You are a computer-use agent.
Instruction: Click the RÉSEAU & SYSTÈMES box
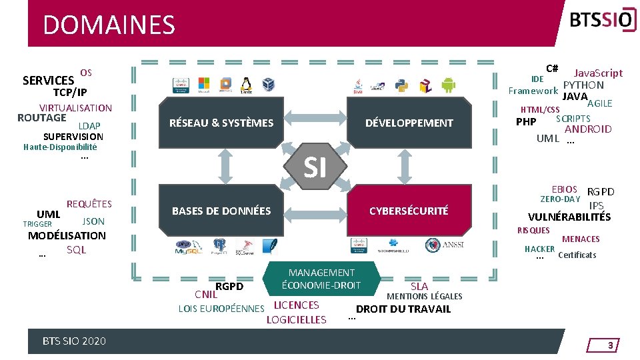coord(221,123)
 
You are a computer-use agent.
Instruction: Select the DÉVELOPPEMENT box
coord(409,123)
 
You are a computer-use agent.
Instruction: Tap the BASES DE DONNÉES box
coord(221,211)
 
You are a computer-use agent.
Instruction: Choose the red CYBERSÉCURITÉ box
coord(409,211)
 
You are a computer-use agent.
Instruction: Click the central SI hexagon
coord(315,167)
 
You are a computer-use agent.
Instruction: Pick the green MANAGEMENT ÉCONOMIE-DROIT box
coord(321,279)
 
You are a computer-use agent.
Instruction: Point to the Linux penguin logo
coord(247,85)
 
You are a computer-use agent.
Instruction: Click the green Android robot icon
coord(447,85)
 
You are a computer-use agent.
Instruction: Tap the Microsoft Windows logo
coord(204,83)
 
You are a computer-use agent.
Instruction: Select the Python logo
coord(401,85)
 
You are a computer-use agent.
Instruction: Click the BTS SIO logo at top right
coord(599,21)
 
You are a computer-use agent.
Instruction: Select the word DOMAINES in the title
coord(109,25)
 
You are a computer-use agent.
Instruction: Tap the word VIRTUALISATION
coord(75,108)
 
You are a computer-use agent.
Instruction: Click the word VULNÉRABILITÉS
coord(569,217)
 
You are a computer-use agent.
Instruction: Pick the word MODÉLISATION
coord(67,235)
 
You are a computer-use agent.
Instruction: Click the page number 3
coord(609,345)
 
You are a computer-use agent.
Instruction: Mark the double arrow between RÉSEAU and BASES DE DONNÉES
coord(227,167)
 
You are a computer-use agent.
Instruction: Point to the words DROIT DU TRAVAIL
coord(403,309)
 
